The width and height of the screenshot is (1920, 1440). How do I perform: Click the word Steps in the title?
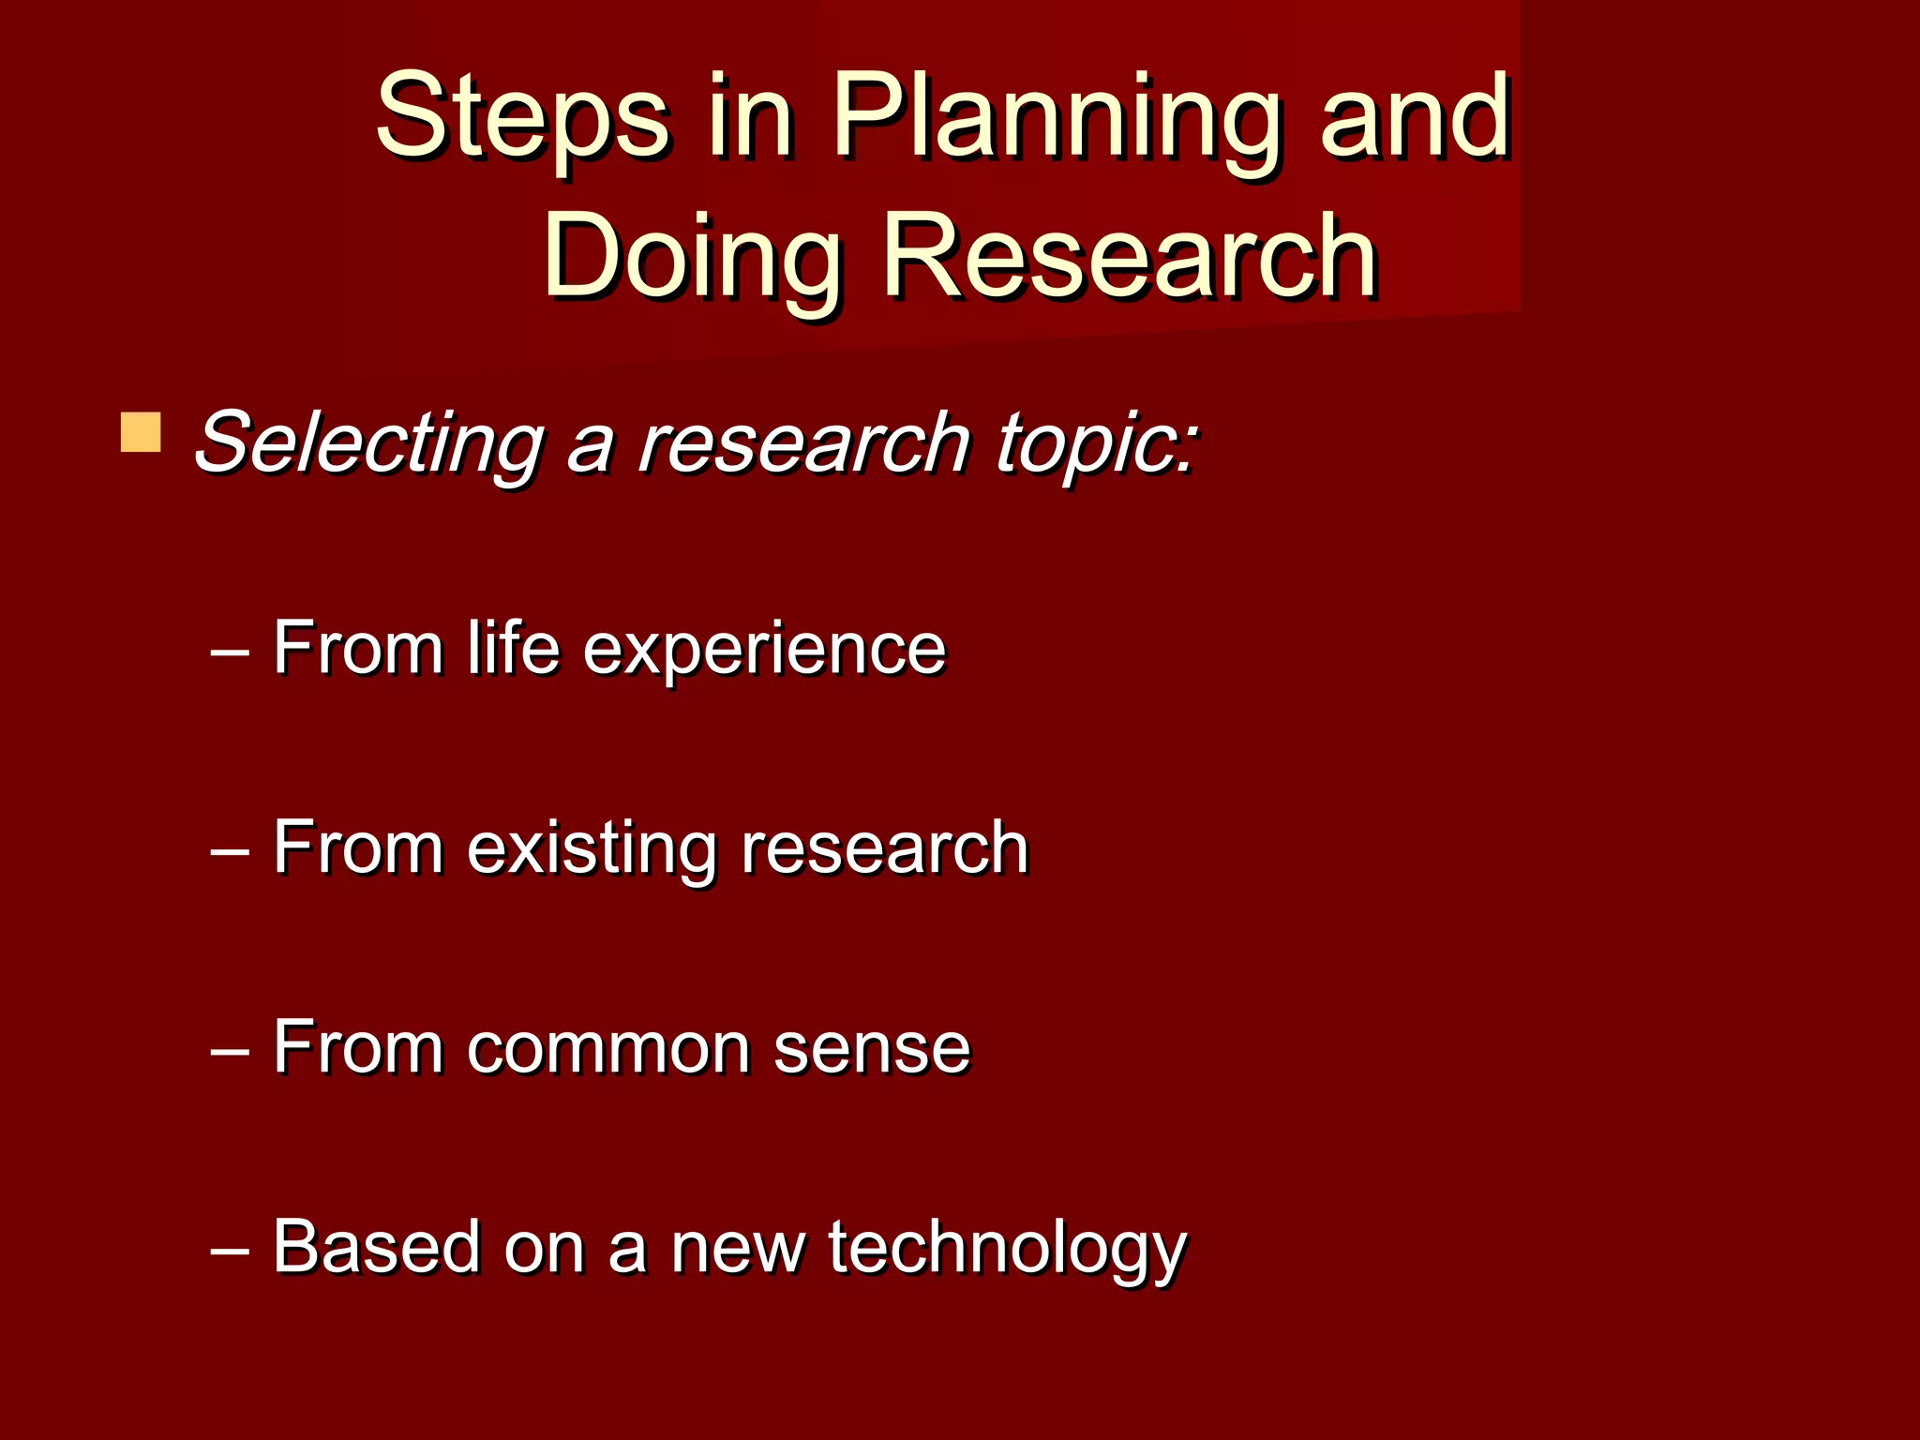click(522, 117)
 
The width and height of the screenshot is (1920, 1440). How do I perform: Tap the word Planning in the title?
click(1055, 117)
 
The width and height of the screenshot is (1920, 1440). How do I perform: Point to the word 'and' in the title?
click(1416, 117)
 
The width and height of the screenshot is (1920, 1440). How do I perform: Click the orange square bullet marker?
click(141, 432)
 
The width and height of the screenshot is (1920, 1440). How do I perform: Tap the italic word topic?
click(1096, 442)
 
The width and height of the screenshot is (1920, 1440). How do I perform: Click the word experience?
click(764, 650)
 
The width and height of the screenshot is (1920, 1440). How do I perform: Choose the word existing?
click(591, 848)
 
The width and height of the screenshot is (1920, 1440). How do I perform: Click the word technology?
click(1007, 1249)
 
